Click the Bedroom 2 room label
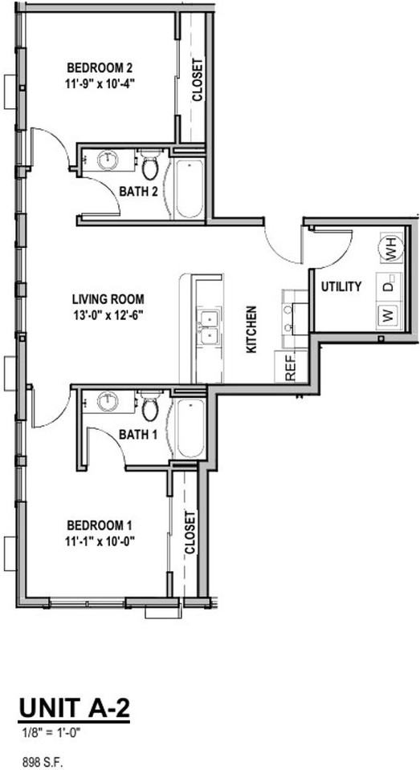coord(100,67)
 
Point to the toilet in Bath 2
coord(149,166)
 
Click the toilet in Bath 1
coord(149,407)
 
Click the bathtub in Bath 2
coord(190,188)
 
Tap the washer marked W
coord(388,314)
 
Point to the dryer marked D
coord(389,286)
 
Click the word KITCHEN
coord(251,329)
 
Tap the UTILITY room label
coord(341,286)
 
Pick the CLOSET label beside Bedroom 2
coord(198,80)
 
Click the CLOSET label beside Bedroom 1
coord(190,534)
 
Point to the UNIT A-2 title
coord(73,709)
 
